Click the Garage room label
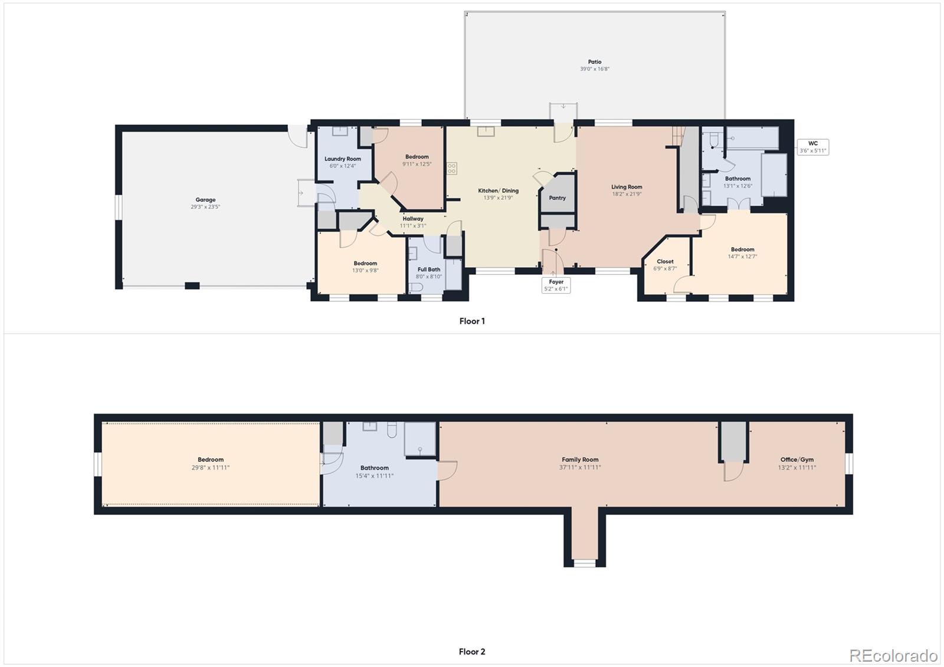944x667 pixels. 205,200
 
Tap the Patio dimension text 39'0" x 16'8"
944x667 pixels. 594,69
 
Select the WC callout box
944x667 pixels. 812,147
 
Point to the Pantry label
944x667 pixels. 557,198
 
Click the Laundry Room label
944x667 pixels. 342,159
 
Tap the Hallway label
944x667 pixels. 412,219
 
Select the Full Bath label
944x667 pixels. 428,270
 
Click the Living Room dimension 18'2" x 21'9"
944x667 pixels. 626,194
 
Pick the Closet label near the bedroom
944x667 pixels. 664,261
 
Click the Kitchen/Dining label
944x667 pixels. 498,190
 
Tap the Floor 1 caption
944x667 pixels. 472,321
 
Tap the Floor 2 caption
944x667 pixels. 472,652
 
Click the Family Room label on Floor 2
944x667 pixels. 579,459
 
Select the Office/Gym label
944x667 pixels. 796,459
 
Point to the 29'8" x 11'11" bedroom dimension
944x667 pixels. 210,468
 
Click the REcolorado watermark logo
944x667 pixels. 893,655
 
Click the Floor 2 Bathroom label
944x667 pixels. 374,468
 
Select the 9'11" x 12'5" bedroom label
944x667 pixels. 417,164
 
